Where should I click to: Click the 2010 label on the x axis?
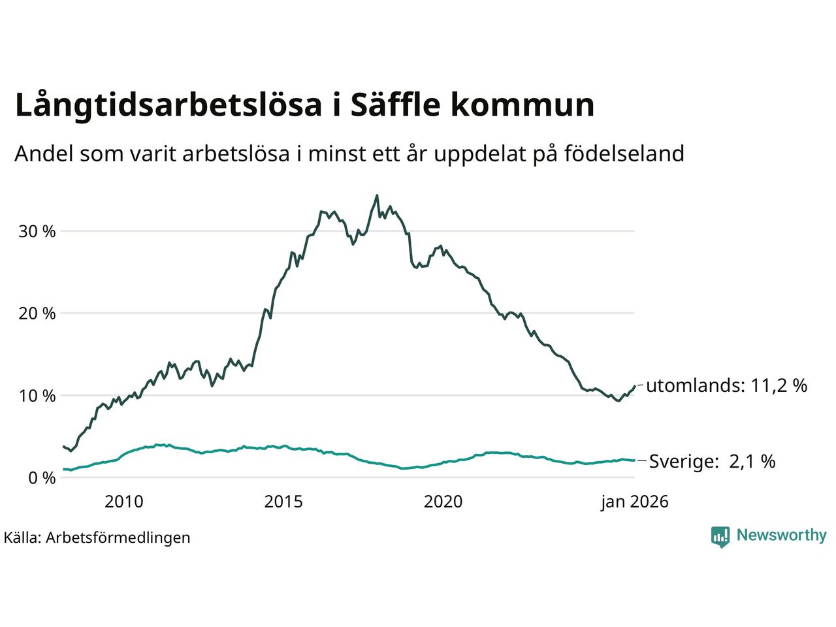(x=124, y=502)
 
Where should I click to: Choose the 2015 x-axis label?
(x=283, y=502)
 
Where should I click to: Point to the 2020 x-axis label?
(x=443, y=502)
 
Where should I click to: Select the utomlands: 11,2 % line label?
(x=726, y=386)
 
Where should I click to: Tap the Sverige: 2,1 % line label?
(x=712, y=462)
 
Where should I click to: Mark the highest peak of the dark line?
(x=377, y=195)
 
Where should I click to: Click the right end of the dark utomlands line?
(x=634, y=386)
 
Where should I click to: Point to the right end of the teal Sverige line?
(x=634, y=460)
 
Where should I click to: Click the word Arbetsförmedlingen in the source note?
(x=118, y=538)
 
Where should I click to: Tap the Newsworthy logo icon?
(x=720, y=536)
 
